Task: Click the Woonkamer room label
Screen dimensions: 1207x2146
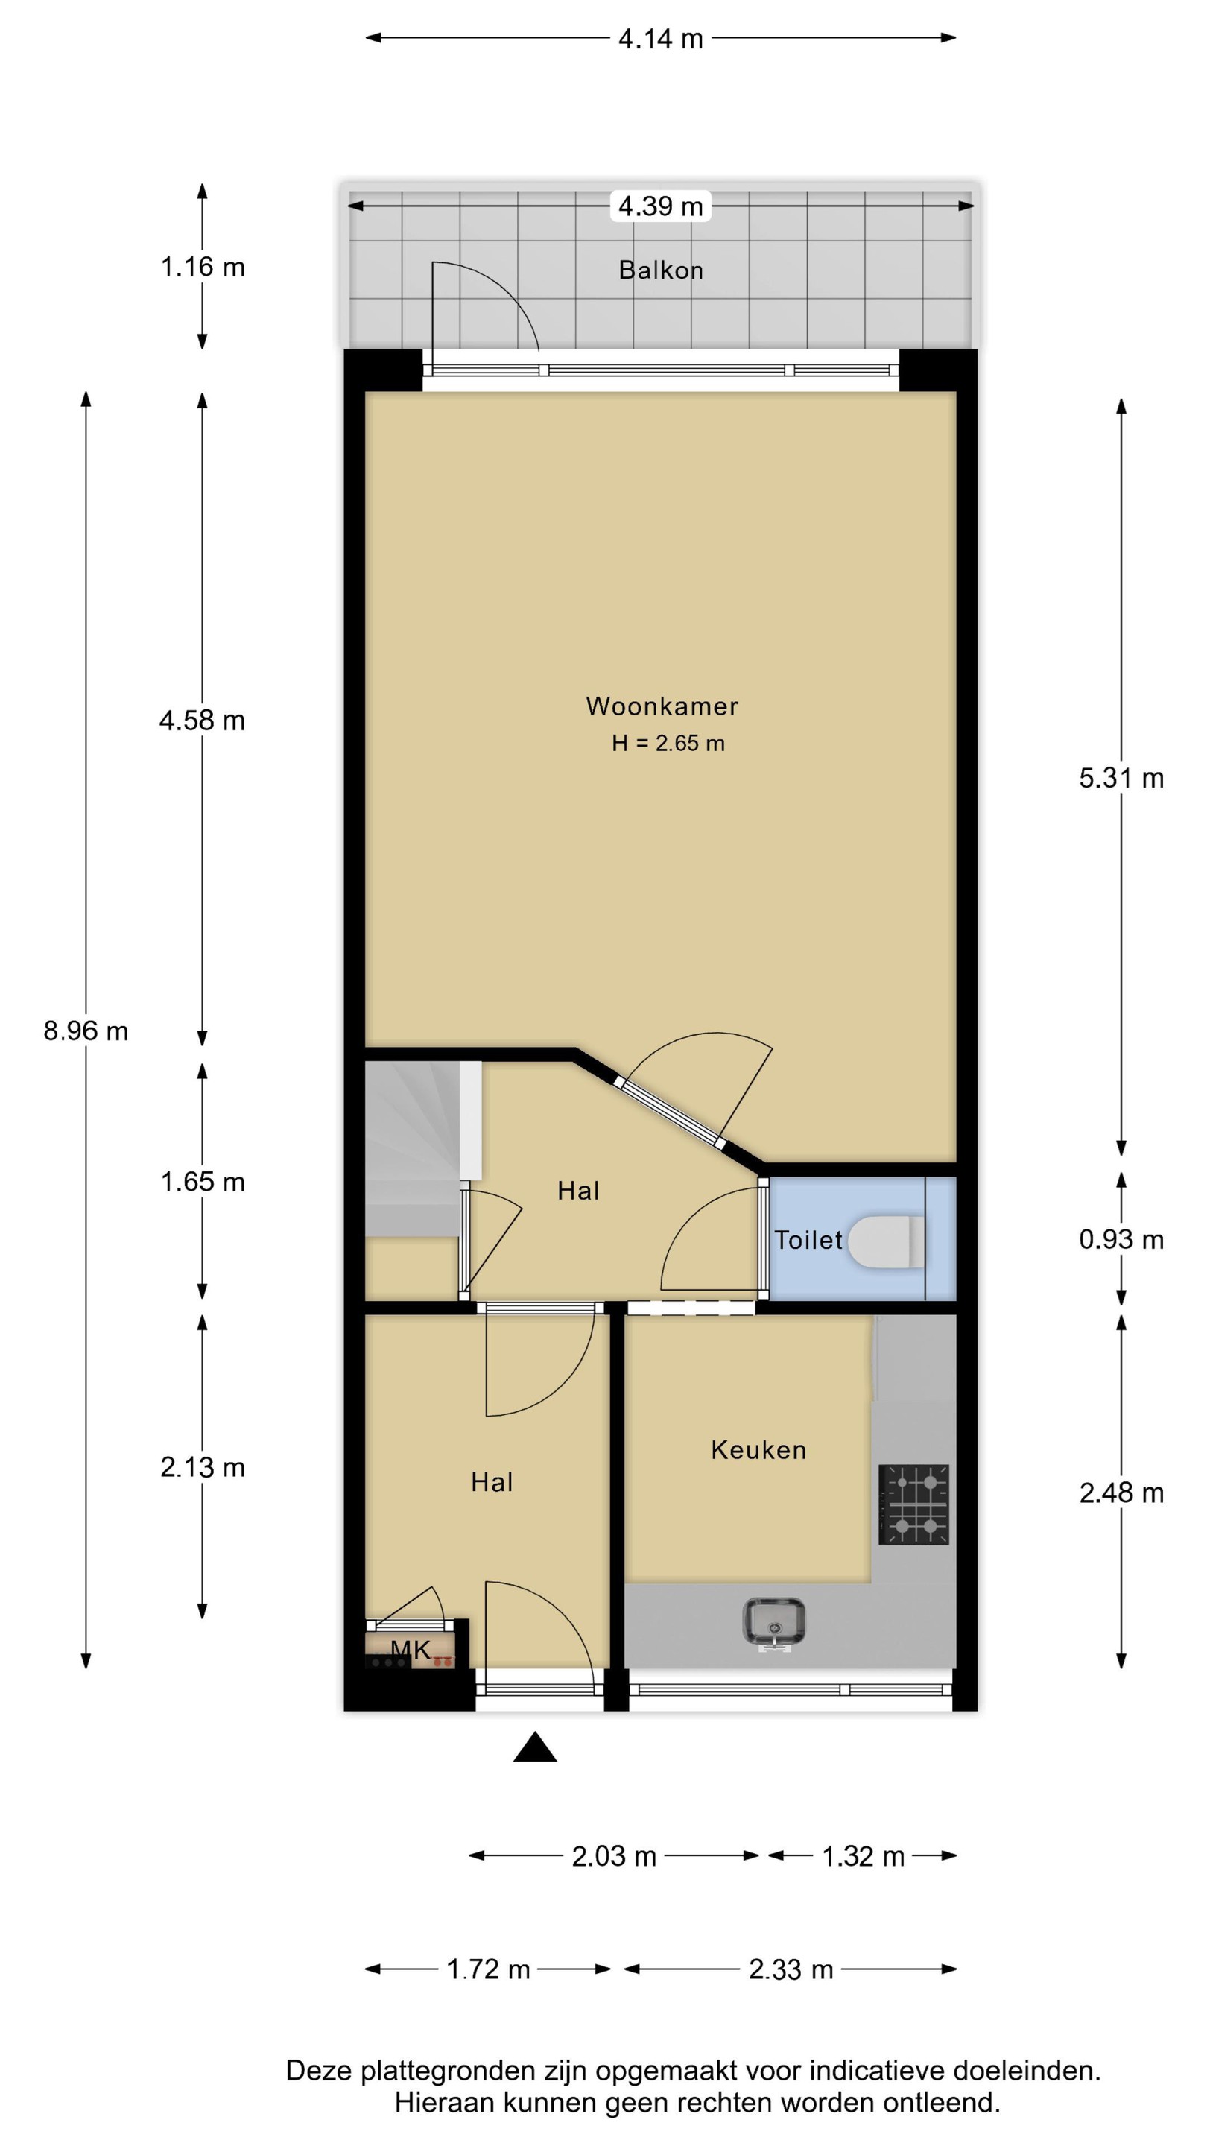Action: point(662,706)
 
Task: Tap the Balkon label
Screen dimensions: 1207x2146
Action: point(661,270)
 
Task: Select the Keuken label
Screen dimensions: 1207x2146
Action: point(758,1450)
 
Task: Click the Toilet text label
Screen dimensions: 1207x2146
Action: point(808,1240)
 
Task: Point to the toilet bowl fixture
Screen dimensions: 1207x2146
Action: point(885,1241)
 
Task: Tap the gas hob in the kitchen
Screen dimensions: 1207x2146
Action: point(913,1504)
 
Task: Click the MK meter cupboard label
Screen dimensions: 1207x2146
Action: point(411,1650)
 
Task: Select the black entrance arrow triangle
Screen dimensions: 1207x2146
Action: point(535,1747)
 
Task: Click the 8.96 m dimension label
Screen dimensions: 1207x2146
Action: point(86,1031)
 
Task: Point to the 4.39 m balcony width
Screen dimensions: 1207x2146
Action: point(661,206)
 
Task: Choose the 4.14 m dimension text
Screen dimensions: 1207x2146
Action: point(661,38)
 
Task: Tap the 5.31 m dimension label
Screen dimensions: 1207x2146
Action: point(1121,778)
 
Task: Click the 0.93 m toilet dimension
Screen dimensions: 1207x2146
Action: point(1121,1240)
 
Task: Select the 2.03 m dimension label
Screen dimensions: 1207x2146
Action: point(614,1857)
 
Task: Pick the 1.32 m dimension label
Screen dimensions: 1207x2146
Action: point(863,1857)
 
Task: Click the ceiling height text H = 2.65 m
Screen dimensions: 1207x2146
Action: point(668,743)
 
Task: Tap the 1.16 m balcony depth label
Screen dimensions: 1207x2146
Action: point(203,267)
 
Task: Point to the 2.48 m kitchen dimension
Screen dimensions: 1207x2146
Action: point(1121,1493)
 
